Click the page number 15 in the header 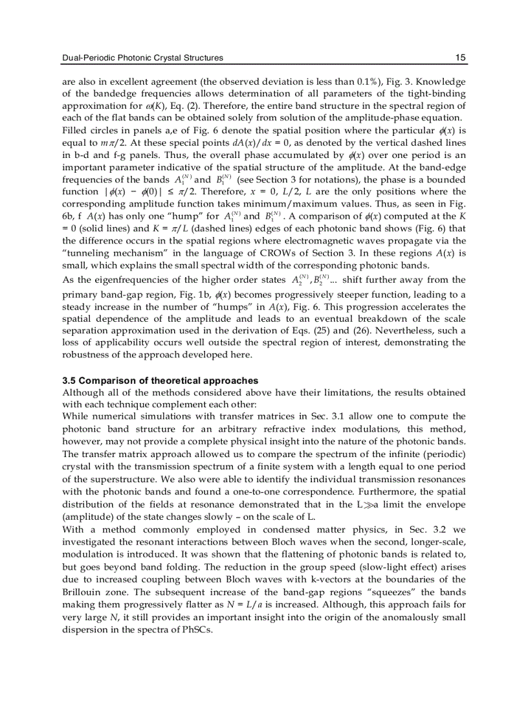click(x=460, y=58)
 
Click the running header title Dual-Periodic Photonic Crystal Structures click(x=142, y=58)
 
